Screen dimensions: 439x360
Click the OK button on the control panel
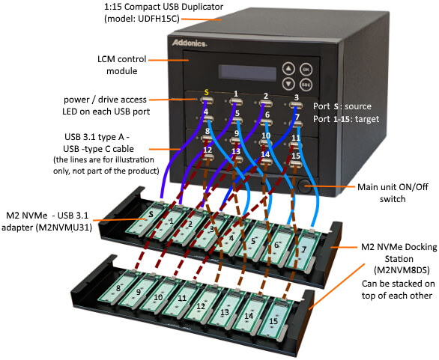306,69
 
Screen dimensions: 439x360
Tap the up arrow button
288,68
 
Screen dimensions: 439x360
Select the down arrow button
288,84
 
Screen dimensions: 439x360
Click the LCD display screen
247,73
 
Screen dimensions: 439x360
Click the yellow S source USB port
208,100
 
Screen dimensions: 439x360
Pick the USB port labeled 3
296,106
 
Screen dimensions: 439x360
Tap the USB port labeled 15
296,164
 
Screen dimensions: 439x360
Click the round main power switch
303,186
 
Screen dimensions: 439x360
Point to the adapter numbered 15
273,319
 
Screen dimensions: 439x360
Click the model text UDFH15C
159,19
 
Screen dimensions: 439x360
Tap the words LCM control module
122,65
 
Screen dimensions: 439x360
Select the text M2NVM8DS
402,270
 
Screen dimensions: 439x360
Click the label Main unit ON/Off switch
393,193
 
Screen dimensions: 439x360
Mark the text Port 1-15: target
346,119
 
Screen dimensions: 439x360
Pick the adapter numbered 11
178,299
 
